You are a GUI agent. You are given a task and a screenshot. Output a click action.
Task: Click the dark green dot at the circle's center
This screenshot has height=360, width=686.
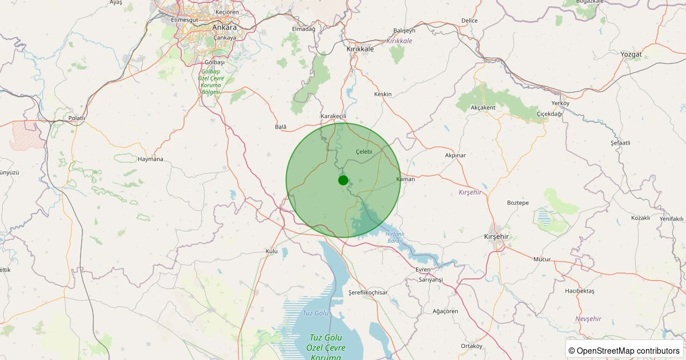[343, 180]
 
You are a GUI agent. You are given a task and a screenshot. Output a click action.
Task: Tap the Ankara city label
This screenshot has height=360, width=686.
[224, 27]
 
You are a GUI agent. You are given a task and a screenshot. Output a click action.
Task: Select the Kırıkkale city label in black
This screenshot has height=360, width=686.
[360, 49]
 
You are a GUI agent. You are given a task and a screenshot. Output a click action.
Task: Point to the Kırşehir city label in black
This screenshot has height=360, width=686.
[496, 237]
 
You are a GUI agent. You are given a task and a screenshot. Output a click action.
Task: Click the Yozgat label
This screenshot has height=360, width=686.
[631, 54]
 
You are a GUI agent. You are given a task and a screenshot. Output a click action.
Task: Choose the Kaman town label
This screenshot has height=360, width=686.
[405, 179]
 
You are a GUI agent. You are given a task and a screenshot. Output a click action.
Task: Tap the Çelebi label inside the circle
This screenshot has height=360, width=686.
[364, 151]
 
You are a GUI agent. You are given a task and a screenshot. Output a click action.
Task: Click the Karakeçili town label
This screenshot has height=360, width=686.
[334, 116]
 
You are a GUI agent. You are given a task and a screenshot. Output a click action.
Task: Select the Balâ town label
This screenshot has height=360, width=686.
[281, 126]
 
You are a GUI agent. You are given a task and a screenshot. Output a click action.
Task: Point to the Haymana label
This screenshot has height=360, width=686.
[150, 159]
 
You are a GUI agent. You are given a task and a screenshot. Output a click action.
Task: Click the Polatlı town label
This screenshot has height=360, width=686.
[76, 118]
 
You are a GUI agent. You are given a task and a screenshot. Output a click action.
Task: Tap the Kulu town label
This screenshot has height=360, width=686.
[272, 251]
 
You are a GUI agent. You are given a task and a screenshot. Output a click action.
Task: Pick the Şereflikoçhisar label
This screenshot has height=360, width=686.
[368, 293]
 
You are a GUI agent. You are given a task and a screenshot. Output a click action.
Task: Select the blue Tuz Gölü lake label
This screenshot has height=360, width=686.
[316, 313]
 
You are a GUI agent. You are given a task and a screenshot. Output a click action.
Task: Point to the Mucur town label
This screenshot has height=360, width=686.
[541, 259]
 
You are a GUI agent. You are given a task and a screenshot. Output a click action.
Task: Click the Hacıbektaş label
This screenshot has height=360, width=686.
[580, 291]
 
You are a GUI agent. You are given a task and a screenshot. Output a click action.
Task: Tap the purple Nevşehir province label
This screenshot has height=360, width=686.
[589, 318]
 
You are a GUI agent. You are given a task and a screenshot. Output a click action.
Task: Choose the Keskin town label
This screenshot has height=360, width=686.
[383, 94]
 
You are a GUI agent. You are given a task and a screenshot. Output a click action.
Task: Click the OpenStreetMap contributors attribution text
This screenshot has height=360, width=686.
[624, 350]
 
